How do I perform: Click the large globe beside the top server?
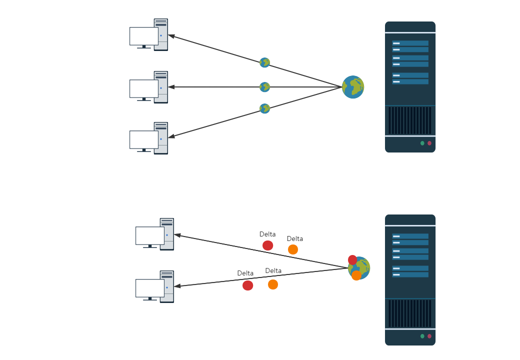(x=353, y=87)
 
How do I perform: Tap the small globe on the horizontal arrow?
(x=264, y=87)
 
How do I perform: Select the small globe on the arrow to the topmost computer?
(x=264, y=62)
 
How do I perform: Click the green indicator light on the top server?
(x=422, y=143)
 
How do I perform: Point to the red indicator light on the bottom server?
(x=429, y=336)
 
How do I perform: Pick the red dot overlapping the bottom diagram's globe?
(x=352, y=260)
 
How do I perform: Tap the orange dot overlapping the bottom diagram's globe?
(x=356, y=275)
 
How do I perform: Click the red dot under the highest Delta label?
(x=267, y=245)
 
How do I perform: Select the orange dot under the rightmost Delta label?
(x=293, y=249)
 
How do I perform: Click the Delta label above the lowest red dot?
(x=245, y=273)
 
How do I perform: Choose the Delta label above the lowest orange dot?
(x=273, y=270)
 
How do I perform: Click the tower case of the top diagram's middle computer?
(x=161, y=87)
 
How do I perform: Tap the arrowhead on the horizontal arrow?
(x=171, y=87)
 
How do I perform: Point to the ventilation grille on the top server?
(x=410, y=120)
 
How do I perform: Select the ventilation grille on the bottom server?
(x=410, y=313)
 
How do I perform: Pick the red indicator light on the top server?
(x=429, y=143)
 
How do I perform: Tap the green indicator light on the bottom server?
(x=422, y=336)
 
